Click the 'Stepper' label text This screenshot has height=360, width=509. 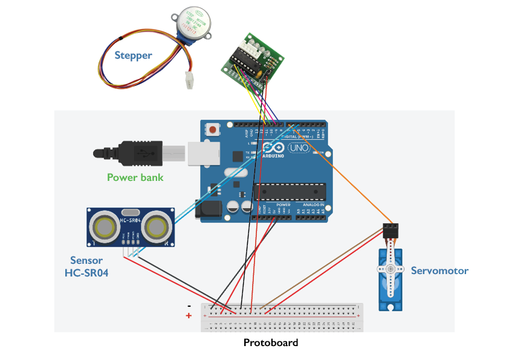[133, 56]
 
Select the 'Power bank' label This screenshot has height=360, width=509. [135, 177]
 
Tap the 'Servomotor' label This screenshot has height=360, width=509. [439, 270]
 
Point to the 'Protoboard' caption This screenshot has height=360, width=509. [271, 342]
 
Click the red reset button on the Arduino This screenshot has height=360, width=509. [213, 129]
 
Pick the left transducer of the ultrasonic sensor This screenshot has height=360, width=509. [103, 227]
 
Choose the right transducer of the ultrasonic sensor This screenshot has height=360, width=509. [159, 227]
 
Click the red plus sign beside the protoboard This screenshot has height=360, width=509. [189, 316]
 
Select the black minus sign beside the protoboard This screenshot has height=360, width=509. [189, 306]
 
